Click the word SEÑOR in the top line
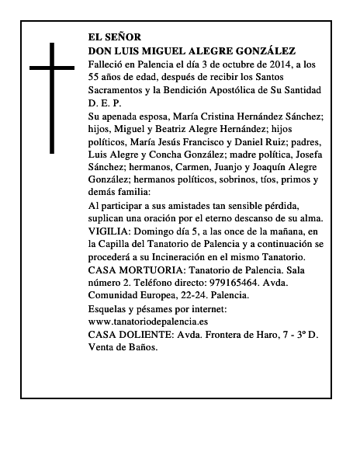[125, 37]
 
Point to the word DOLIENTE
[148, 335]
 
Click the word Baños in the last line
[143, 347]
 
